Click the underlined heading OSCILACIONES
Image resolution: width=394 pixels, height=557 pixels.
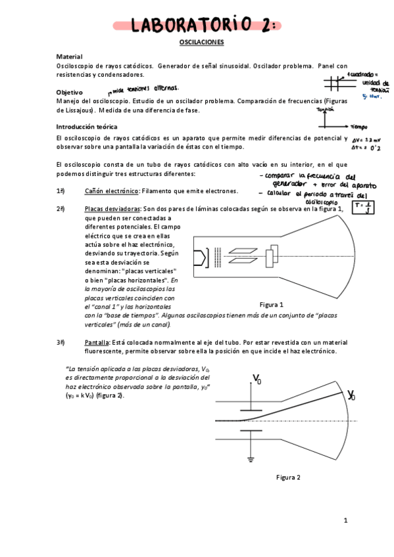202,42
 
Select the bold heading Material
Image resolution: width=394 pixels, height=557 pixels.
69,57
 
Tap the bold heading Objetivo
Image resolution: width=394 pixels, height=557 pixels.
70,93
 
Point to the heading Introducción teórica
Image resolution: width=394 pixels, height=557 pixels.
87,126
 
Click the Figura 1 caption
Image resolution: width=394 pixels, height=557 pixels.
271,305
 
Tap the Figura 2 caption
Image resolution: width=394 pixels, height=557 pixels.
288,477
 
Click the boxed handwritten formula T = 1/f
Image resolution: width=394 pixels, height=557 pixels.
363,208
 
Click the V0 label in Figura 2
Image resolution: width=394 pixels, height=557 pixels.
257,378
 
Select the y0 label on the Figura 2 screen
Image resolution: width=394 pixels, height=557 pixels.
351,395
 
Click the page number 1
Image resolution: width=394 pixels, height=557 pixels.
345,520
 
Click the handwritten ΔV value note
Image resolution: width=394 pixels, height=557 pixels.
363,140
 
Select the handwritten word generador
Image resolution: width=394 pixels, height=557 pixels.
285,185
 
